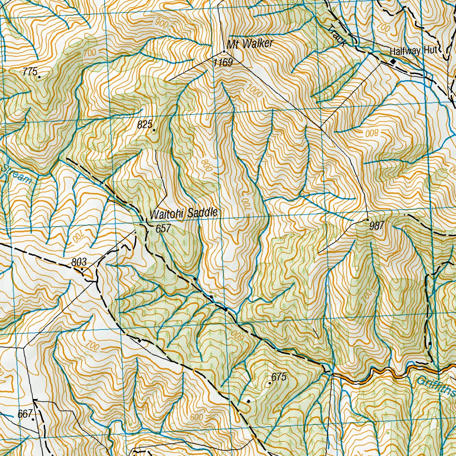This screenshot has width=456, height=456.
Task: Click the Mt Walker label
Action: (x=249, y=44)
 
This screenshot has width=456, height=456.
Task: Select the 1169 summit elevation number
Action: (x=223, y=63)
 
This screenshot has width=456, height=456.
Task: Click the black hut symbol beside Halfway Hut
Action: (x=393, y=61)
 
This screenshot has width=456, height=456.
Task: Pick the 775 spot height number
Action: (x=29, y=71)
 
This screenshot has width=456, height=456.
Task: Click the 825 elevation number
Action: (x=145, y=125)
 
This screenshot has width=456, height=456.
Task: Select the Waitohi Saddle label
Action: (x=183, y=213)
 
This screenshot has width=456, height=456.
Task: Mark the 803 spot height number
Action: (x=78, y=262)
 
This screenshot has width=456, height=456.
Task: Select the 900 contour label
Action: (x=162, y=24)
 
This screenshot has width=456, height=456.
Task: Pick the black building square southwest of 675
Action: (x=248, y=401)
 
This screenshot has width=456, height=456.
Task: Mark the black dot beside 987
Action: (x=367, y=220)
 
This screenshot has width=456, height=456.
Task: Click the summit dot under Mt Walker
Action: (x=224, y=52)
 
